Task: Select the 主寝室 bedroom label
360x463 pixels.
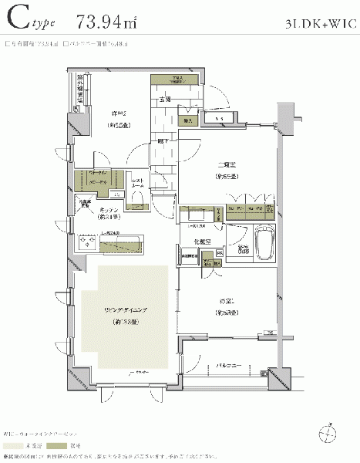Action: (225, 164)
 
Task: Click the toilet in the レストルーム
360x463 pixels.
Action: (139, 201)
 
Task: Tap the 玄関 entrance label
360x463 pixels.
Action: (164, 99)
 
